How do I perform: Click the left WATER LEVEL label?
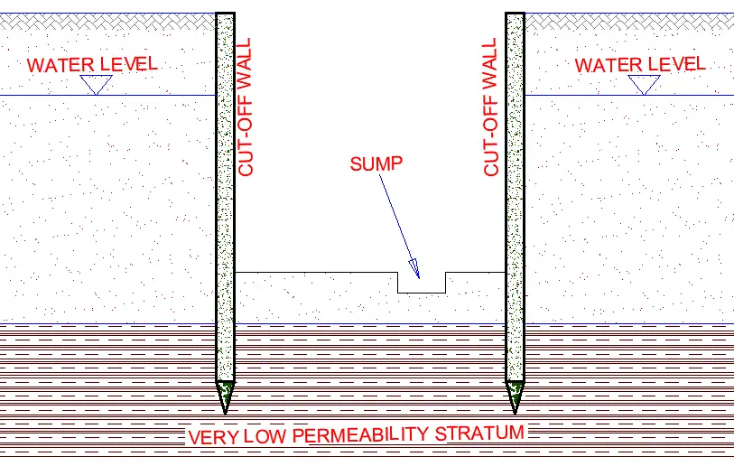[92, 65]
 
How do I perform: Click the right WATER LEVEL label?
[640, 65]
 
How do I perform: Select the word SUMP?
[376, 163]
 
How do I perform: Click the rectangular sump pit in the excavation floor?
[422, 283]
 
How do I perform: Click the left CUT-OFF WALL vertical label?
[245, 107]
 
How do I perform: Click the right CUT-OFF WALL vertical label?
[490, 107]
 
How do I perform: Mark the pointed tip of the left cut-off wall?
[225, 414]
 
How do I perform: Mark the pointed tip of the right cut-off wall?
[515, 414]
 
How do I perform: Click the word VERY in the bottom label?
[213, 437]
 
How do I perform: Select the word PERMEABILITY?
[360, 435]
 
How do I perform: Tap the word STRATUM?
[479, 433]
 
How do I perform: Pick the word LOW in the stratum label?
[265, 436]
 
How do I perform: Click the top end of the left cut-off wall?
[225, 14]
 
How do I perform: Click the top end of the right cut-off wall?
[515, 14]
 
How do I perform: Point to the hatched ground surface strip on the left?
[107, 22]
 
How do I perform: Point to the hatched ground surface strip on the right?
[629, 22]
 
